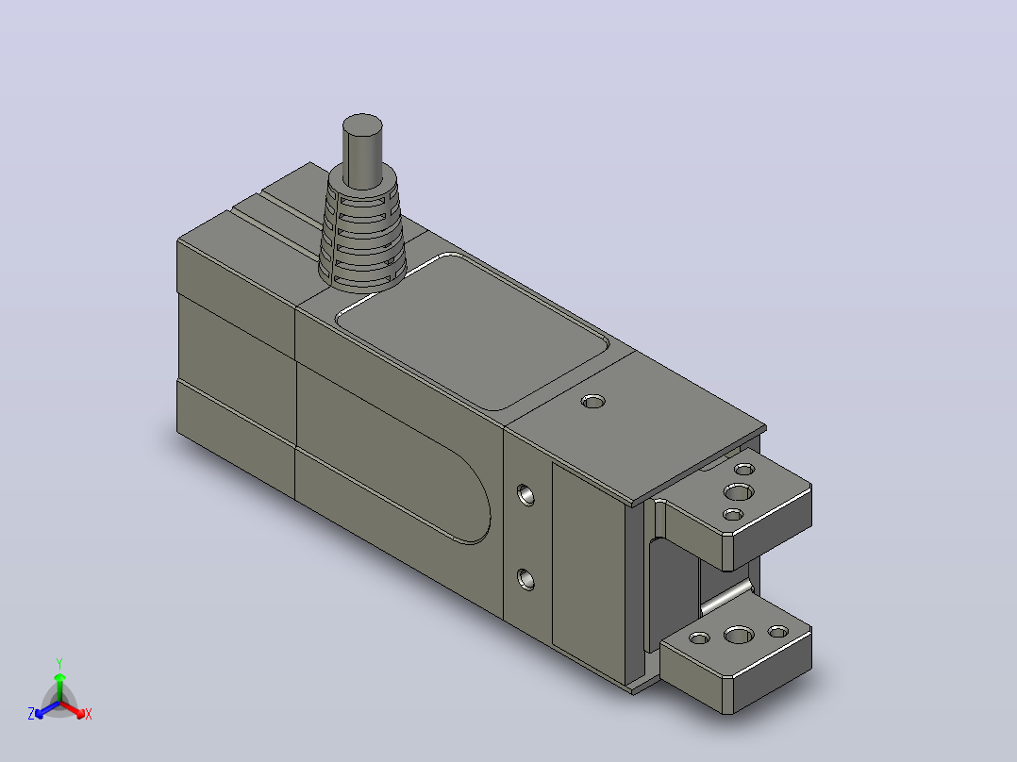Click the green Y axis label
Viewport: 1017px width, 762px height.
[59, 663]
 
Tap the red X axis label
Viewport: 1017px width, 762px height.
[89, 714]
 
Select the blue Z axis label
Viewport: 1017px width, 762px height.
[31, 713]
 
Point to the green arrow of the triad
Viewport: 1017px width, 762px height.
[59, 687]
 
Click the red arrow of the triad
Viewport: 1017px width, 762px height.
[73, 709]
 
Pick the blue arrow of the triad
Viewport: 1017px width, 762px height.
[47, 709]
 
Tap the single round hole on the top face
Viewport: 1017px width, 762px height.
[592, 402]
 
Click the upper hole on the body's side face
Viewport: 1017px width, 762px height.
[525, 495]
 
